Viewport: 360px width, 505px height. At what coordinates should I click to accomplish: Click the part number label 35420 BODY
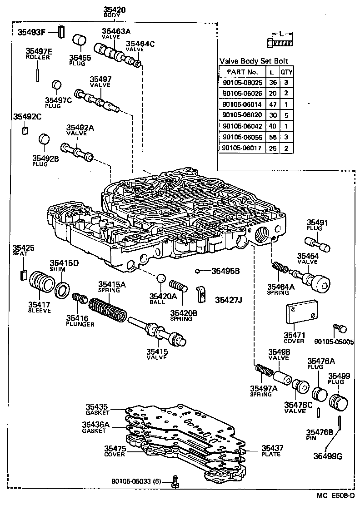[x=111, y=12]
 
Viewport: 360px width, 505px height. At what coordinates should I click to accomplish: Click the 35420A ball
[x=160, y=278]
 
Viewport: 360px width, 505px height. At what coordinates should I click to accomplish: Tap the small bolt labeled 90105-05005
[x=339, y=327]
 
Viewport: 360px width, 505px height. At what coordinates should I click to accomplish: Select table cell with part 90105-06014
[x=240, y=104]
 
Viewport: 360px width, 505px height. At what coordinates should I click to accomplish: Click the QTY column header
[x=286, y=72]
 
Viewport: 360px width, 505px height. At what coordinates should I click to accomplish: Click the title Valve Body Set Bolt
[x=254, y=61]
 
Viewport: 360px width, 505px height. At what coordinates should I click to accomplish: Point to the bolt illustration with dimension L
[x=279, y=44]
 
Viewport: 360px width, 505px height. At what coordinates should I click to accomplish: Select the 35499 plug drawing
[x=340, y=401]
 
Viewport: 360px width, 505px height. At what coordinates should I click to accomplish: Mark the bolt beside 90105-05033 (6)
[x=175, y=482]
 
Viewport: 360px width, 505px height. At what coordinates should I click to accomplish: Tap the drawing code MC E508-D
[x=335, y=496]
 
